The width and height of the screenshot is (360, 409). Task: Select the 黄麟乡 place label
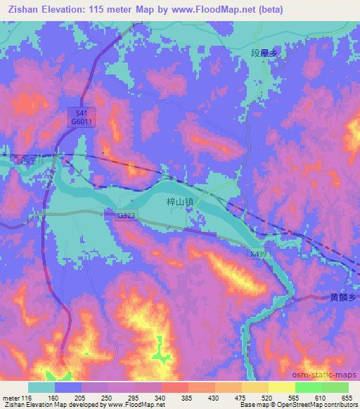(344, 297)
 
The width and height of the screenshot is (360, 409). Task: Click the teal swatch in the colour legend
(41, 387)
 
